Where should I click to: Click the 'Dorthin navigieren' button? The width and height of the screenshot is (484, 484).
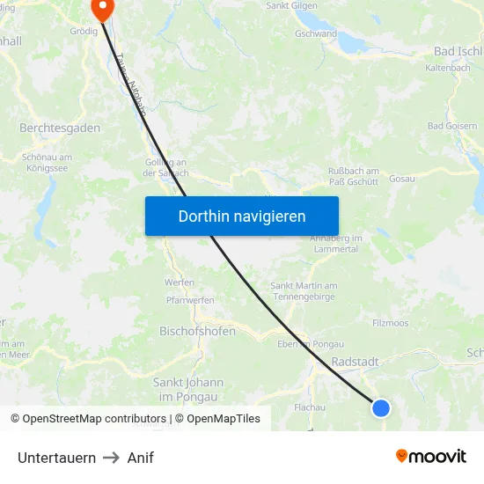(x=242, y=216)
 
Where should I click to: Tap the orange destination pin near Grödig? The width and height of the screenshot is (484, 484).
(x=102, y=9)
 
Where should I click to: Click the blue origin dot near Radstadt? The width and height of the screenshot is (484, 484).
(x=381, y=407)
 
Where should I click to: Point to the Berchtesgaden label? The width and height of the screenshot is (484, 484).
(x=60, y=128)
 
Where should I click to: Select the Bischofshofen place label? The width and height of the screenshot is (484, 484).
(x=197, y=332)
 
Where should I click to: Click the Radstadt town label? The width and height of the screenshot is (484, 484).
(x=356, y=362)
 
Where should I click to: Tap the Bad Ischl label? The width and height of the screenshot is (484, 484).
(x=458, y=52)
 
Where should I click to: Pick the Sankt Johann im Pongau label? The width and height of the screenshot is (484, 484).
(x=188, y=390)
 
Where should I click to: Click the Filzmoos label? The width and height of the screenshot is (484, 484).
(x=391, y=323)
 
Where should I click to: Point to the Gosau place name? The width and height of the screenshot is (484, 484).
(x=401, y=179)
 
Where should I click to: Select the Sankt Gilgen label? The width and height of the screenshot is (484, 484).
(x=291, y=5)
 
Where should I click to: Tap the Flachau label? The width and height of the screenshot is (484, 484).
(x=310, y=407)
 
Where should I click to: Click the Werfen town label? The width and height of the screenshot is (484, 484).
(x=180, y=282)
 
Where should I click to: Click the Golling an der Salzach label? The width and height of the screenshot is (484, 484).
(x=165, y=167)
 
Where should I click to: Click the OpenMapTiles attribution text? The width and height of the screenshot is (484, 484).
(x=217, y=419)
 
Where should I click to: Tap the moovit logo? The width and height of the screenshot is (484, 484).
(x=431, y=457)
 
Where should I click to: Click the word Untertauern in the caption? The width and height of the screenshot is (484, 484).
(x=56, y=458)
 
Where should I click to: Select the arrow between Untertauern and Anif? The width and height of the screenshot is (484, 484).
(x=112, y=458)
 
